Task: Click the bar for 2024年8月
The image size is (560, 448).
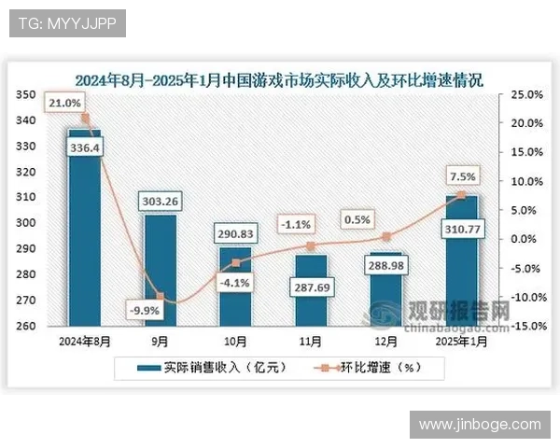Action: [x=84, y=233]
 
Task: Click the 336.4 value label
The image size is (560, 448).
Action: [x=85, y=147]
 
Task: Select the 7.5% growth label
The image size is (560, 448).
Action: [x=462, y=175]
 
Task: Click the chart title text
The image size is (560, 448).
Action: [x=280, y=78]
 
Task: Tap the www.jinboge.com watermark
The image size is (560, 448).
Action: [x=480, y=425]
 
